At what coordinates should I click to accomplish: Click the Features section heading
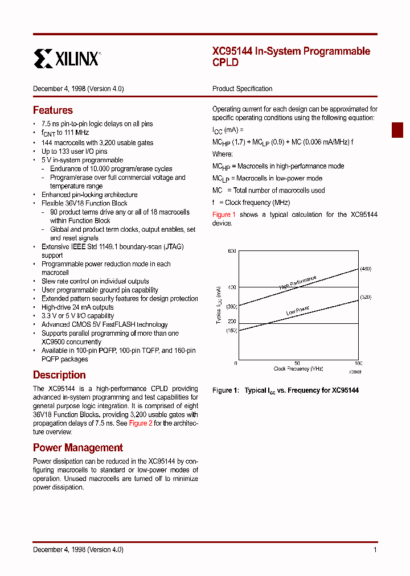tap(53, 110)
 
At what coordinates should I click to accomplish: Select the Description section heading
tap(59, 375)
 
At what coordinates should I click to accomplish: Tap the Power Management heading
tap(78, 448)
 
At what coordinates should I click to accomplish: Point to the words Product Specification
tap(242, 89)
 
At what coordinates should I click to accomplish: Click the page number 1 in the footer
tap(375, 550)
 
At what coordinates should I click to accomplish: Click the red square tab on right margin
tap(397, 130)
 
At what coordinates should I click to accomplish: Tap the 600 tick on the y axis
tap(231, 251)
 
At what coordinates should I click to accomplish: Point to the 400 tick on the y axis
tap(231, 287)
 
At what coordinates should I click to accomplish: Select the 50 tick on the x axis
tap(297, 363)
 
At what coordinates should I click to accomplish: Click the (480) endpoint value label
tap(366, 269)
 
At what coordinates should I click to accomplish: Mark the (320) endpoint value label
tap(366, 297)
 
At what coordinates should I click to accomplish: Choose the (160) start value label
tap(231, 331)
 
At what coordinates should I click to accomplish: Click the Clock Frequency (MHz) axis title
tap(298, 369)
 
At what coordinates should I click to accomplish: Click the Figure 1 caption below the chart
tap(285, 390)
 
